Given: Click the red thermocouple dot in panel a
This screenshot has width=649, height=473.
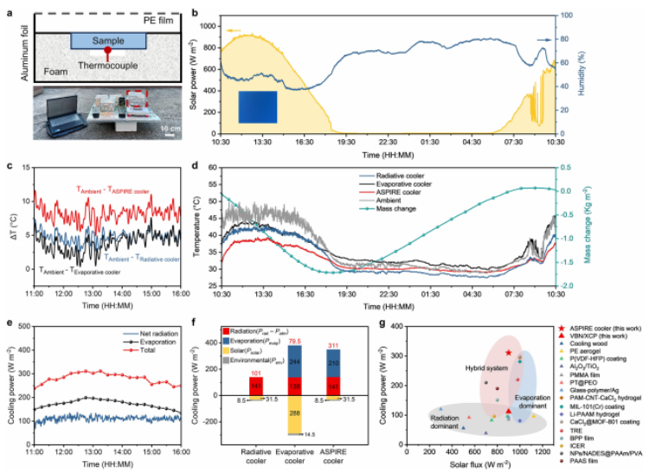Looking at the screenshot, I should coord(106,54).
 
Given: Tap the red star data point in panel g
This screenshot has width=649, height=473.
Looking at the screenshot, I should coord(509,352).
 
